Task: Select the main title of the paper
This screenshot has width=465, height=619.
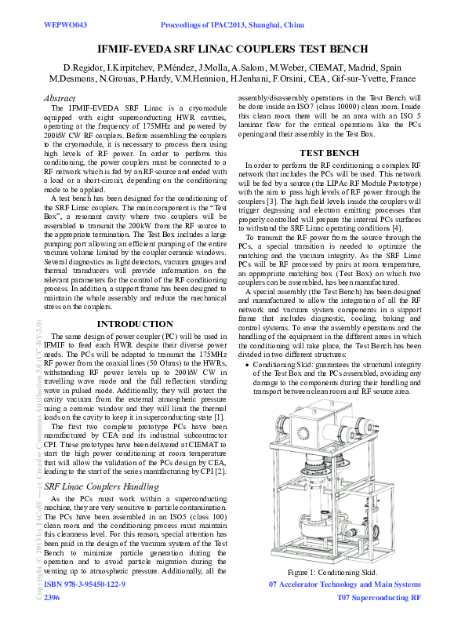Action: coord(231,49)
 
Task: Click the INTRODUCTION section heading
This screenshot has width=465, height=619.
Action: coord(134,324)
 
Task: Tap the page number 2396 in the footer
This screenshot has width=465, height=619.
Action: coord(53,598)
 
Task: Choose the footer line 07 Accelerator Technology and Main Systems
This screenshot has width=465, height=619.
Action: coord(344,585)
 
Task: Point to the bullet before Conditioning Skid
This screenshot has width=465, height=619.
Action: coord(249,366)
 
